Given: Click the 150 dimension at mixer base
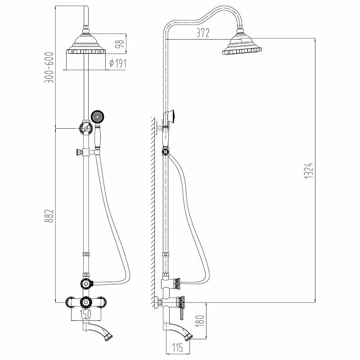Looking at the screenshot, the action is tap(84, 312).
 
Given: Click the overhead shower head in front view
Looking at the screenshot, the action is tap(84, 45).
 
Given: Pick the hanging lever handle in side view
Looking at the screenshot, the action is tap(182, 310).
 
